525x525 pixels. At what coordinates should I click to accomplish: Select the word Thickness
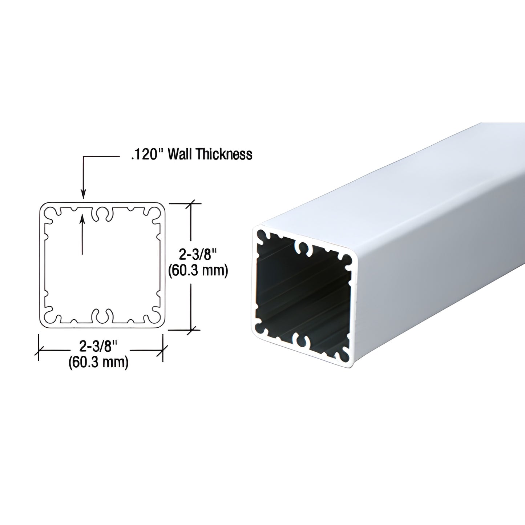224,154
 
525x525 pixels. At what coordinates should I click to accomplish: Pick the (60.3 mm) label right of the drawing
198,271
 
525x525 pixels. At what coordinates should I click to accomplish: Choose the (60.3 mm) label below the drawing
98,362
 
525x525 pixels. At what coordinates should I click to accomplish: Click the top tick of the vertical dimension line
191,204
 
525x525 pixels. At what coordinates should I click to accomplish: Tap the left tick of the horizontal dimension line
39,351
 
